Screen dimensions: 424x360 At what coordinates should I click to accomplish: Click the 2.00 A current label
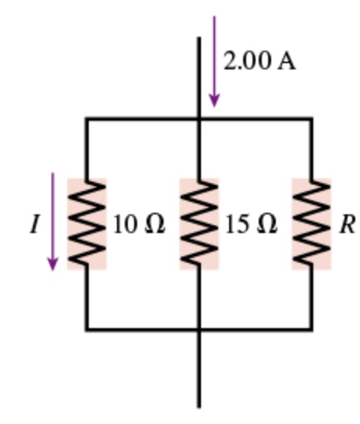[259, 62]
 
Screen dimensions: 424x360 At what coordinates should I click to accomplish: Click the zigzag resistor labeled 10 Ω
[86, 224]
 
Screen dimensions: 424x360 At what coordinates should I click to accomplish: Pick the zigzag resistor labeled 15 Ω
[199, 224]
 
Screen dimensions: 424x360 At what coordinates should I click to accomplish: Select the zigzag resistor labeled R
[312, 224]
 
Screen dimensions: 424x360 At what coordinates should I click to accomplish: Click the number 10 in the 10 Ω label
[125, 224]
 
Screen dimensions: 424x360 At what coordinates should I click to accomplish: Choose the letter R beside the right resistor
[347, 224]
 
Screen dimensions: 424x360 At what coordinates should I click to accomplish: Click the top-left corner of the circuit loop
[86, 119]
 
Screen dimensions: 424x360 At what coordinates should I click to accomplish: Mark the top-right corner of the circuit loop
[312, 119]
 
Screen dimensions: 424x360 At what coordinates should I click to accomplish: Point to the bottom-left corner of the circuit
[86, 329]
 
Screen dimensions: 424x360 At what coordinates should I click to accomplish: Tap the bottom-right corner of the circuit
[312, 329]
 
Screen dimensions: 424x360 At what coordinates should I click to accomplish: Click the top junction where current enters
[199, 119]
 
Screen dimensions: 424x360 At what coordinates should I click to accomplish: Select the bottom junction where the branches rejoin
[199, 329]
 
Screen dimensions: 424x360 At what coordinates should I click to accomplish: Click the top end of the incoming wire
[199, 38]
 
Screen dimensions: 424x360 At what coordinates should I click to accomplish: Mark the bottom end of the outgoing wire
[199, 405]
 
